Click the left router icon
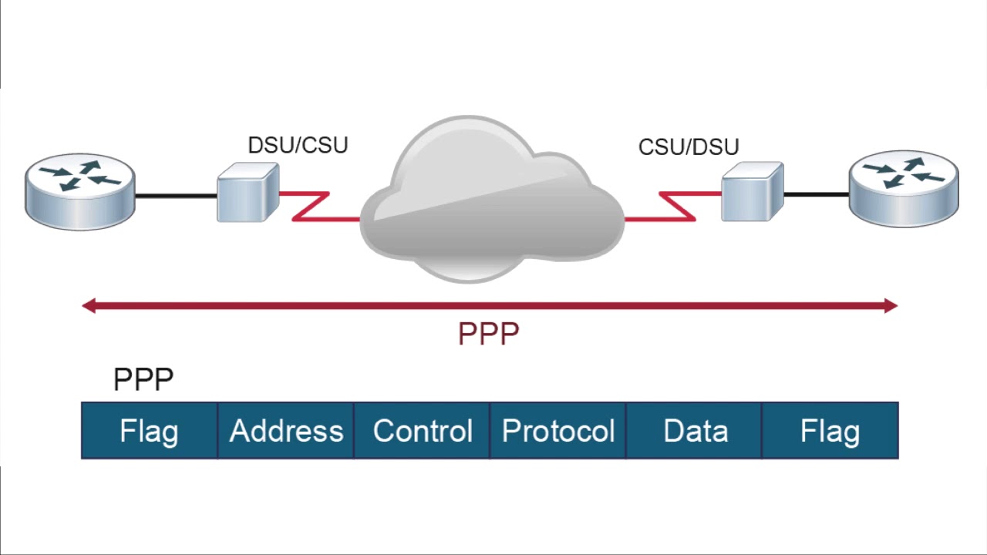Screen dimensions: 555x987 80,193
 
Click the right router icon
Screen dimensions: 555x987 904,189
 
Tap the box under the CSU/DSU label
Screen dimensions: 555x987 752,192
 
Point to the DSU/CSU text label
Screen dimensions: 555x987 298,145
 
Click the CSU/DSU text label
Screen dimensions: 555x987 689,147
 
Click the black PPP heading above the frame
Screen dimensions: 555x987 143,379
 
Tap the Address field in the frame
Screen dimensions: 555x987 286,431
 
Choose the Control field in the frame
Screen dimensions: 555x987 422,431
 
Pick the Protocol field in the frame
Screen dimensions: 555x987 558,431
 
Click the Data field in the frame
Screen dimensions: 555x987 695,431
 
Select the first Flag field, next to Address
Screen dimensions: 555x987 149,431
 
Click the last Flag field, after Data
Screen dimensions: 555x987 830,431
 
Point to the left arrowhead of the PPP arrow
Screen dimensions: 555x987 89,307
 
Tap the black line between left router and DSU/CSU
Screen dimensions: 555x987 176,196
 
